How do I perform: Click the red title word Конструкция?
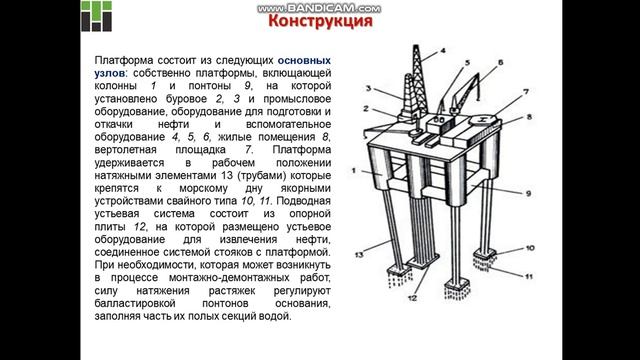pyautogui.click(x=321, y=21)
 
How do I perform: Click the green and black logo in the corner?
pyautogui.click(x=19, y=19)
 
